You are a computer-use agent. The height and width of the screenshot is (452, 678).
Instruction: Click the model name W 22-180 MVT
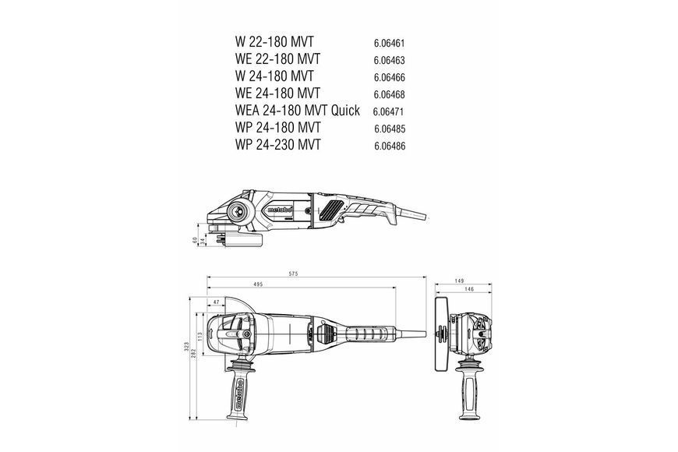point(274,42)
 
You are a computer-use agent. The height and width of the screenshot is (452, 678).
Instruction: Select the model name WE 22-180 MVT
point(277,58)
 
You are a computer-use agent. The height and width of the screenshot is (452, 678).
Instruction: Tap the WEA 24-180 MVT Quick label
point(297,111)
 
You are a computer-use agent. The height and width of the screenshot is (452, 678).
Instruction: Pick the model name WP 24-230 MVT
point(277,144)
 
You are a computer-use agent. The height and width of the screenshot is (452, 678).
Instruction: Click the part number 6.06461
point(389,44)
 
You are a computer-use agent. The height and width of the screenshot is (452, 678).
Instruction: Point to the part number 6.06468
point(390,94)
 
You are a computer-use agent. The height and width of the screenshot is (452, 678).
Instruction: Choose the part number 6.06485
point(390,129)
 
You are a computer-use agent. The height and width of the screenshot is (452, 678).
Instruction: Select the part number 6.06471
point(388,111)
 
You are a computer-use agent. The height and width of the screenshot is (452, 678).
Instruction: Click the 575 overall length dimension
point(294,274)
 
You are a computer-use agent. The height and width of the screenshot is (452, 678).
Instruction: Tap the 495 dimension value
point(258,284)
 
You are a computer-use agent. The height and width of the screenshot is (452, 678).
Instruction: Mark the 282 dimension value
point(194,353)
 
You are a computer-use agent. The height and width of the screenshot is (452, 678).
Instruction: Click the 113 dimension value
point(200,337)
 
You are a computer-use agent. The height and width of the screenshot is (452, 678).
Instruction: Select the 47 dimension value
point(217,302)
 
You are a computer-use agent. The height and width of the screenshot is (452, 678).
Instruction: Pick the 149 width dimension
point(459,281)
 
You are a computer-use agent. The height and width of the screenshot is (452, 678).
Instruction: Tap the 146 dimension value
point(469,289)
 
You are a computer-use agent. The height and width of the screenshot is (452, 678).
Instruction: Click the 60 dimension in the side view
point(195,239)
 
